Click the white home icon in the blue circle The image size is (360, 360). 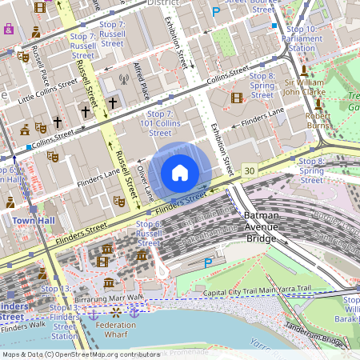180,173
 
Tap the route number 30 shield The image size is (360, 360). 250,171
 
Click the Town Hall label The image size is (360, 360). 33,220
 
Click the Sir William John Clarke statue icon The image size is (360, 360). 304,71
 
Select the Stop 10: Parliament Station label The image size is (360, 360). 301,38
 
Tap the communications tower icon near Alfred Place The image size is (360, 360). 123,80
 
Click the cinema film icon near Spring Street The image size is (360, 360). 236,98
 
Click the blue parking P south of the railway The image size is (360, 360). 209,262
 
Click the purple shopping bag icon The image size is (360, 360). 9,29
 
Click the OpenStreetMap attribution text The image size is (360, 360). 81,354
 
